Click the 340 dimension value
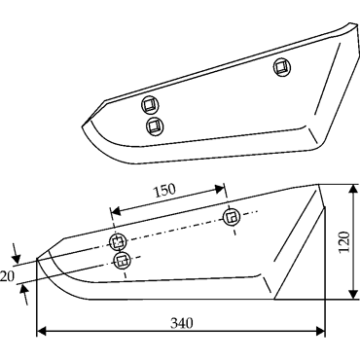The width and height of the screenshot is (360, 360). (182, 323)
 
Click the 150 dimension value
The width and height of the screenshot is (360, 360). (164, 191)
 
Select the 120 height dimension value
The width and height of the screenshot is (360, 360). (343, 242)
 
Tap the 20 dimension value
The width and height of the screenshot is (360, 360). (7, 277)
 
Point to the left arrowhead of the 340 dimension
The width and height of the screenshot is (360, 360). (42, 332)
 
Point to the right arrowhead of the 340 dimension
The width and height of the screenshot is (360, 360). (319, 332)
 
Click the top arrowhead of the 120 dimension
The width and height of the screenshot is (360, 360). (352, 191)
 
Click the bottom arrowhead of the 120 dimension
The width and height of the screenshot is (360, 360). (352, 294)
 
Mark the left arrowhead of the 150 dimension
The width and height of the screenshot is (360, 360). (116, 212)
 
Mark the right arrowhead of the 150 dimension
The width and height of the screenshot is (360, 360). (219, 188)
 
